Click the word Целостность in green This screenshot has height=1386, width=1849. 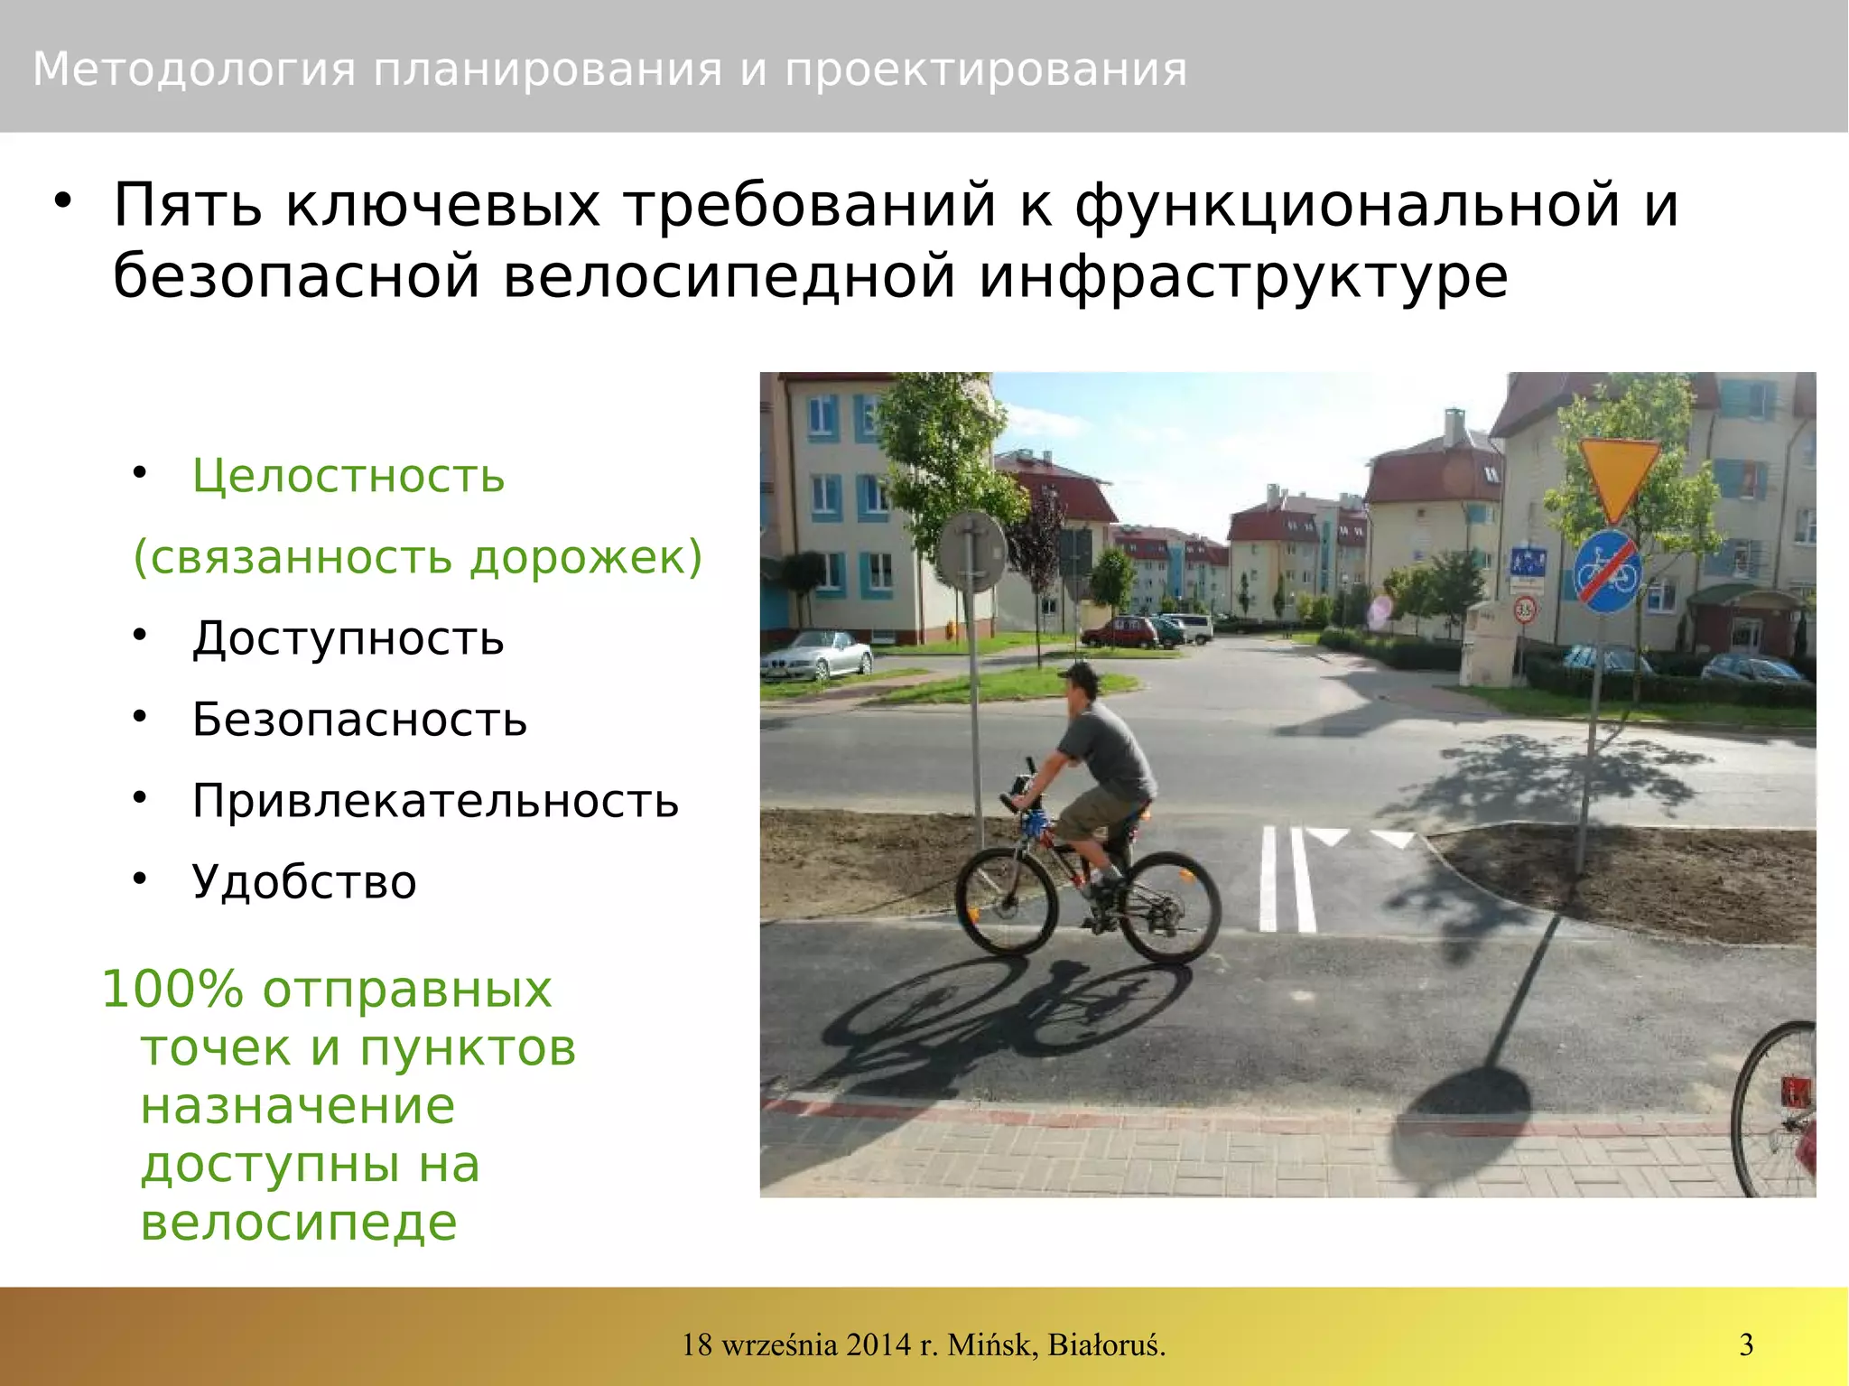(x=348, y=476)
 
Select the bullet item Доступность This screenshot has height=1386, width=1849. (x=348, y=638)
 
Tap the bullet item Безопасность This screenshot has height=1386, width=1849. (x=359, y=720)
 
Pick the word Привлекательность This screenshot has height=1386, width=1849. (x=435, y=801)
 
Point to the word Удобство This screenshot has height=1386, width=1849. (x=304, y=882)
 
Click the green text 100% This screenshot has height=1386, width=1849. (x=172, y=989)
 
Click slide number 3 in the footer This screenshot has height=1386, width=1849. (x=1746, y=1344)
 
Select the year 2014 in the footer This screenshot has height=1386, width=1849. (x=879, y=1344)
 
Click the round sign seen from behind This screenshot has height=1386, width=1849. (x=971, y=552)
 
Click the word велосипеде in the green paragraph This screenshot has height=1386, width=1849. (x=299, y=1223)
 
